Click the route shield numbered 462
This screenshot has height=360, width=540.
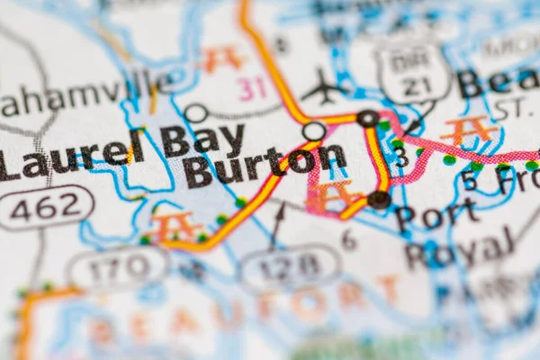point(46,207)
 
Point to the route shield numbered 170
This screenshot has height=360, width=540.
point(118,266)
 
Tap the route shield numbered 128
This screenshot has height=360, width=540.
point(290,265)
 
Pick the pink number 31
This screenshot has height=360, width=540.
point(253,87)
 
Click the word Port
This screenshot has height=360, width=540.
point(436,217)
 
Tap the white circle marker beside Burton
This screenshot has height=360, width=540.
point(313,131)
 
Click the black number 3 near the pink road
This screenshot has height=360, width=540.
point(400,160)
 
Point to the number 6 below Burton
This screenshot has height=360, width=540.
point(348,239)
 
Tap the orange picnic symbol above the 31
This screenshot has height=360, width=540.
point(221,58)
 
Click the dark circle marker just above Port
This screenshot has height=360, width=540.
point(379,199)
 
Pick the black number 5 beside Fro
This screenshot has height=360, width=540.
point(468,181)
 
